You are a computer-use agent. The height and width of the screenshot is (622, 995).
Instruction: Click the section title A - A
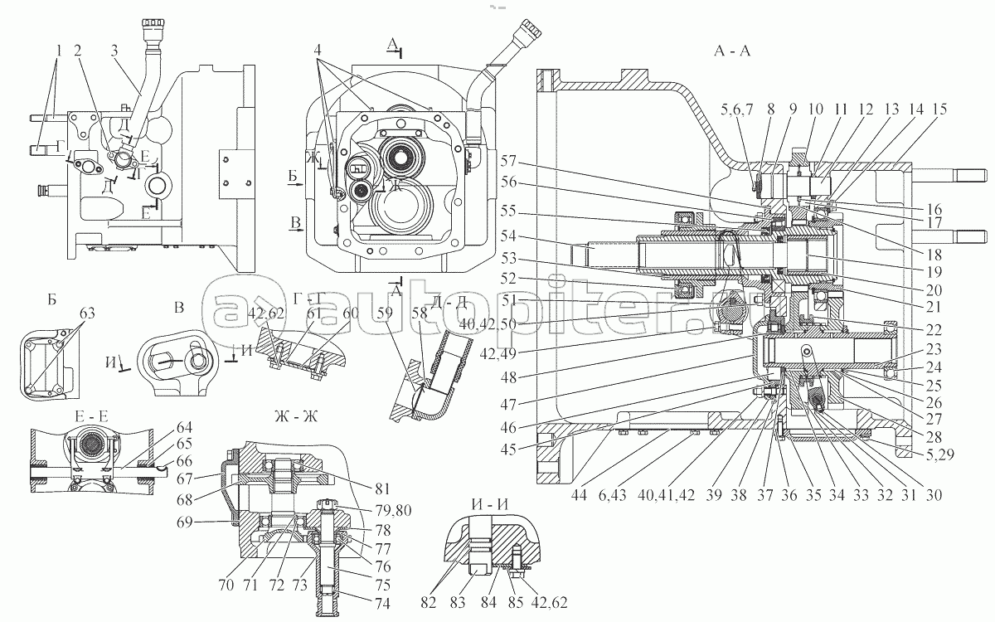pos(732,51)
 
